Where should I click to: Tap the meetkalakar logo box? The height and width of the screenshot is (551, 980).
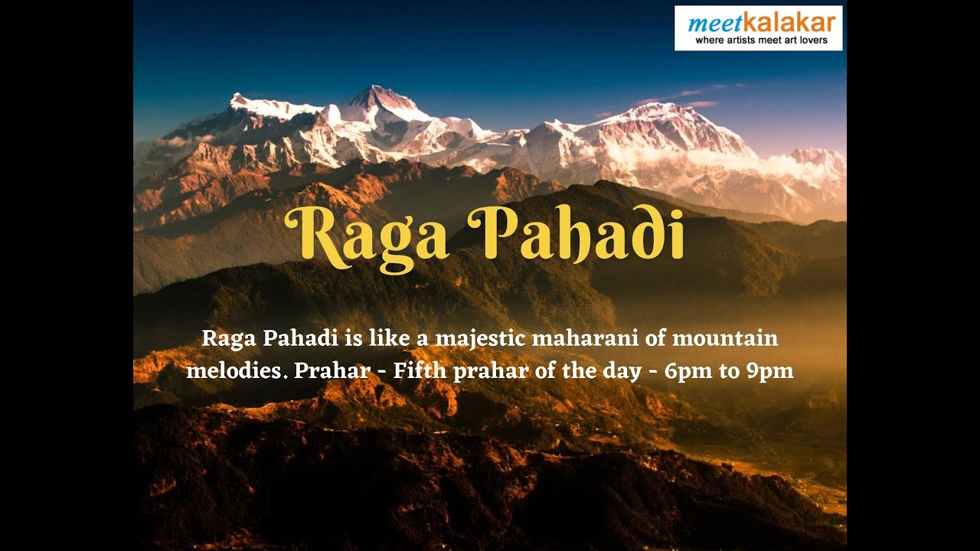coord(758,28)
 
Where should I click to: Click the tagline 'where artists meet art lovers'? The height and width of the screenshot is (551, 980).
coord(760,40)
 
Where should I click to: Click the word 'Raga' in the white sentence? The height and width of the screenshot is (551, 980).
coord(228,337)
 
